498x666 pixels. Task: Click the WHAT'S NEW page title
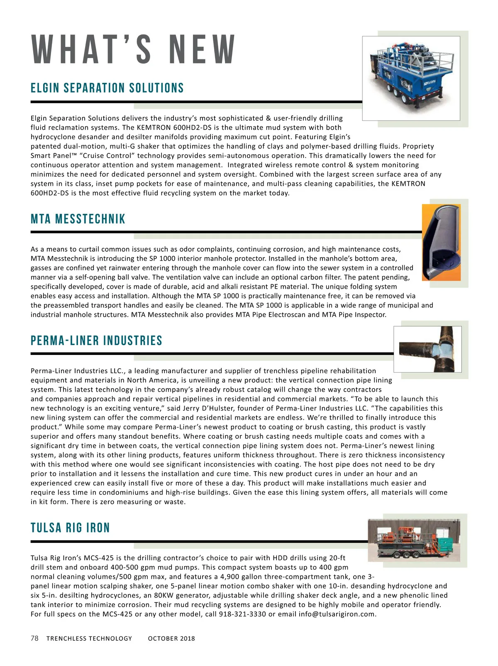pos(134,50)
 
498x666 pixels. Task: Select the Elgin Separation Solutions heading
pos(107,88)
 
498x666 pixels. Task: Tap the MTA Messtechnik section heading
pos(78,219)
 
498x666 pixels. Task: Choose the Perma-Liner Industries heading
pos(96,341)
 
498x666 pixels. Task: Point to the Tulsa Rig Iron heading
pos(70,528)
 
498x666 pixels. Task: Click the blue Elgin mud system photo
pos(411,78)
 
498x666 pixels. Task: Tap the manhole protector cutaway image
pos(441,243)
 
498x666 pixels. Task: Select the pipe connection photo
pos(427,349)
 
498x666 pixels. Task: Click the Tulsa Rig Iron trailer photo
pos(414,540)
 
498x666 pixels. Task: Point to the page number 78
pos(34,638)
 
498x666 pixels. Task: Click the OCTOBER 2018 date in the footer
pos(171,639)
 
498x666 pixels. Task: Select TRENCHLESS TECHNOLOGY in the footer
pos(89,639)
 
